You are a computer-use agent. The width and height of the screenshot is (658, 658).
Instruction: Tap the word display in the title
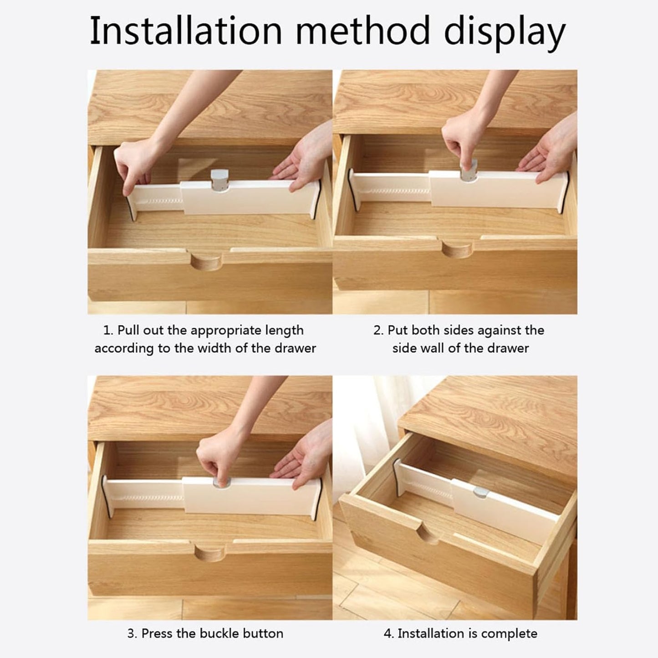click(x=505, y=33)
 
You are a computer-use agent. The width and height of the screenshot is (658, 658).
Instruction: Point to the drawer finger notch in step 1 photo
click(x=206, y=261)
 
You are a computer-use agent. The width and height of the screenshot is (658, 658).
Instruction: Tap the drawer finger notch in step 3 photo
click(x=210, y=553)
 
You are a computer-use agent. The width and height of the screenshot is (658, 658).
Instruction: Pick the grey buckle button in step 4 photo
click(x=480, y=492)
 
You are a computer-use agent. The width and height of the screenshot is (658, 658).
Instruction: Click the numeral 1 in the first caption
click(x=107, y=331)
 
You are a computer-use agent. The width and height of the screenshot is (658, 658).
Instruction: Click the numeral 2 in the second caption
click(x=377, y=331)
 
